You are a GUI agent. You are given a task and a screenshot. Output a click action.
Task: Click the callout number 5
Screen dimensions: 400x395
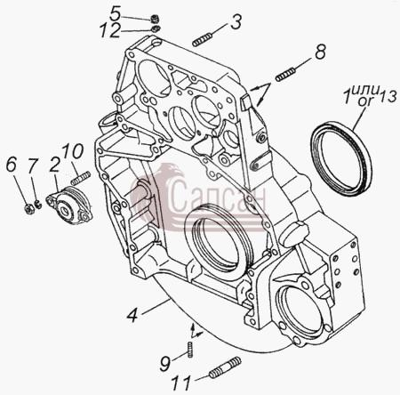115,13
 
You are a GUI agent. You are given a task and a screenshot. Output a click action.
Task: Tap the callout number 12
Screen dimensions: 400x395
110,30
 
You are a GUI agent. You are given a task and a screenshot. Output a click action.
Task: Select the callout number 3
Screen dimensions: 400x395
236,21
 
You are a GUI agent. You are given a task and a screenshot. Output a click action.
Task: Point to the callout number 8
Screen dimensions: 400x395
320,52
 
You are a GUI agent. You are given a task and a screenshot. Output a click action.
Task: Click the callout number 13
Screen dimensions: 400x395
388,96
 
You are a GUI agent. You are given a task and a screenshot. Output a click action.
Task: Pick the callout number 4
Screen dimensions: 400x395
132,316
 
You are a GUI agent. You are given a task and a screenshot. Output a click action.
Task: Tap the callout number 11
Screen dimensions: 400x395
181,383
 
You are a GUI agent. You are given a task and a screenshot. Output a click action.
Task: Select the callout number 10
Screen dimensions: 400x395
73,151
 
